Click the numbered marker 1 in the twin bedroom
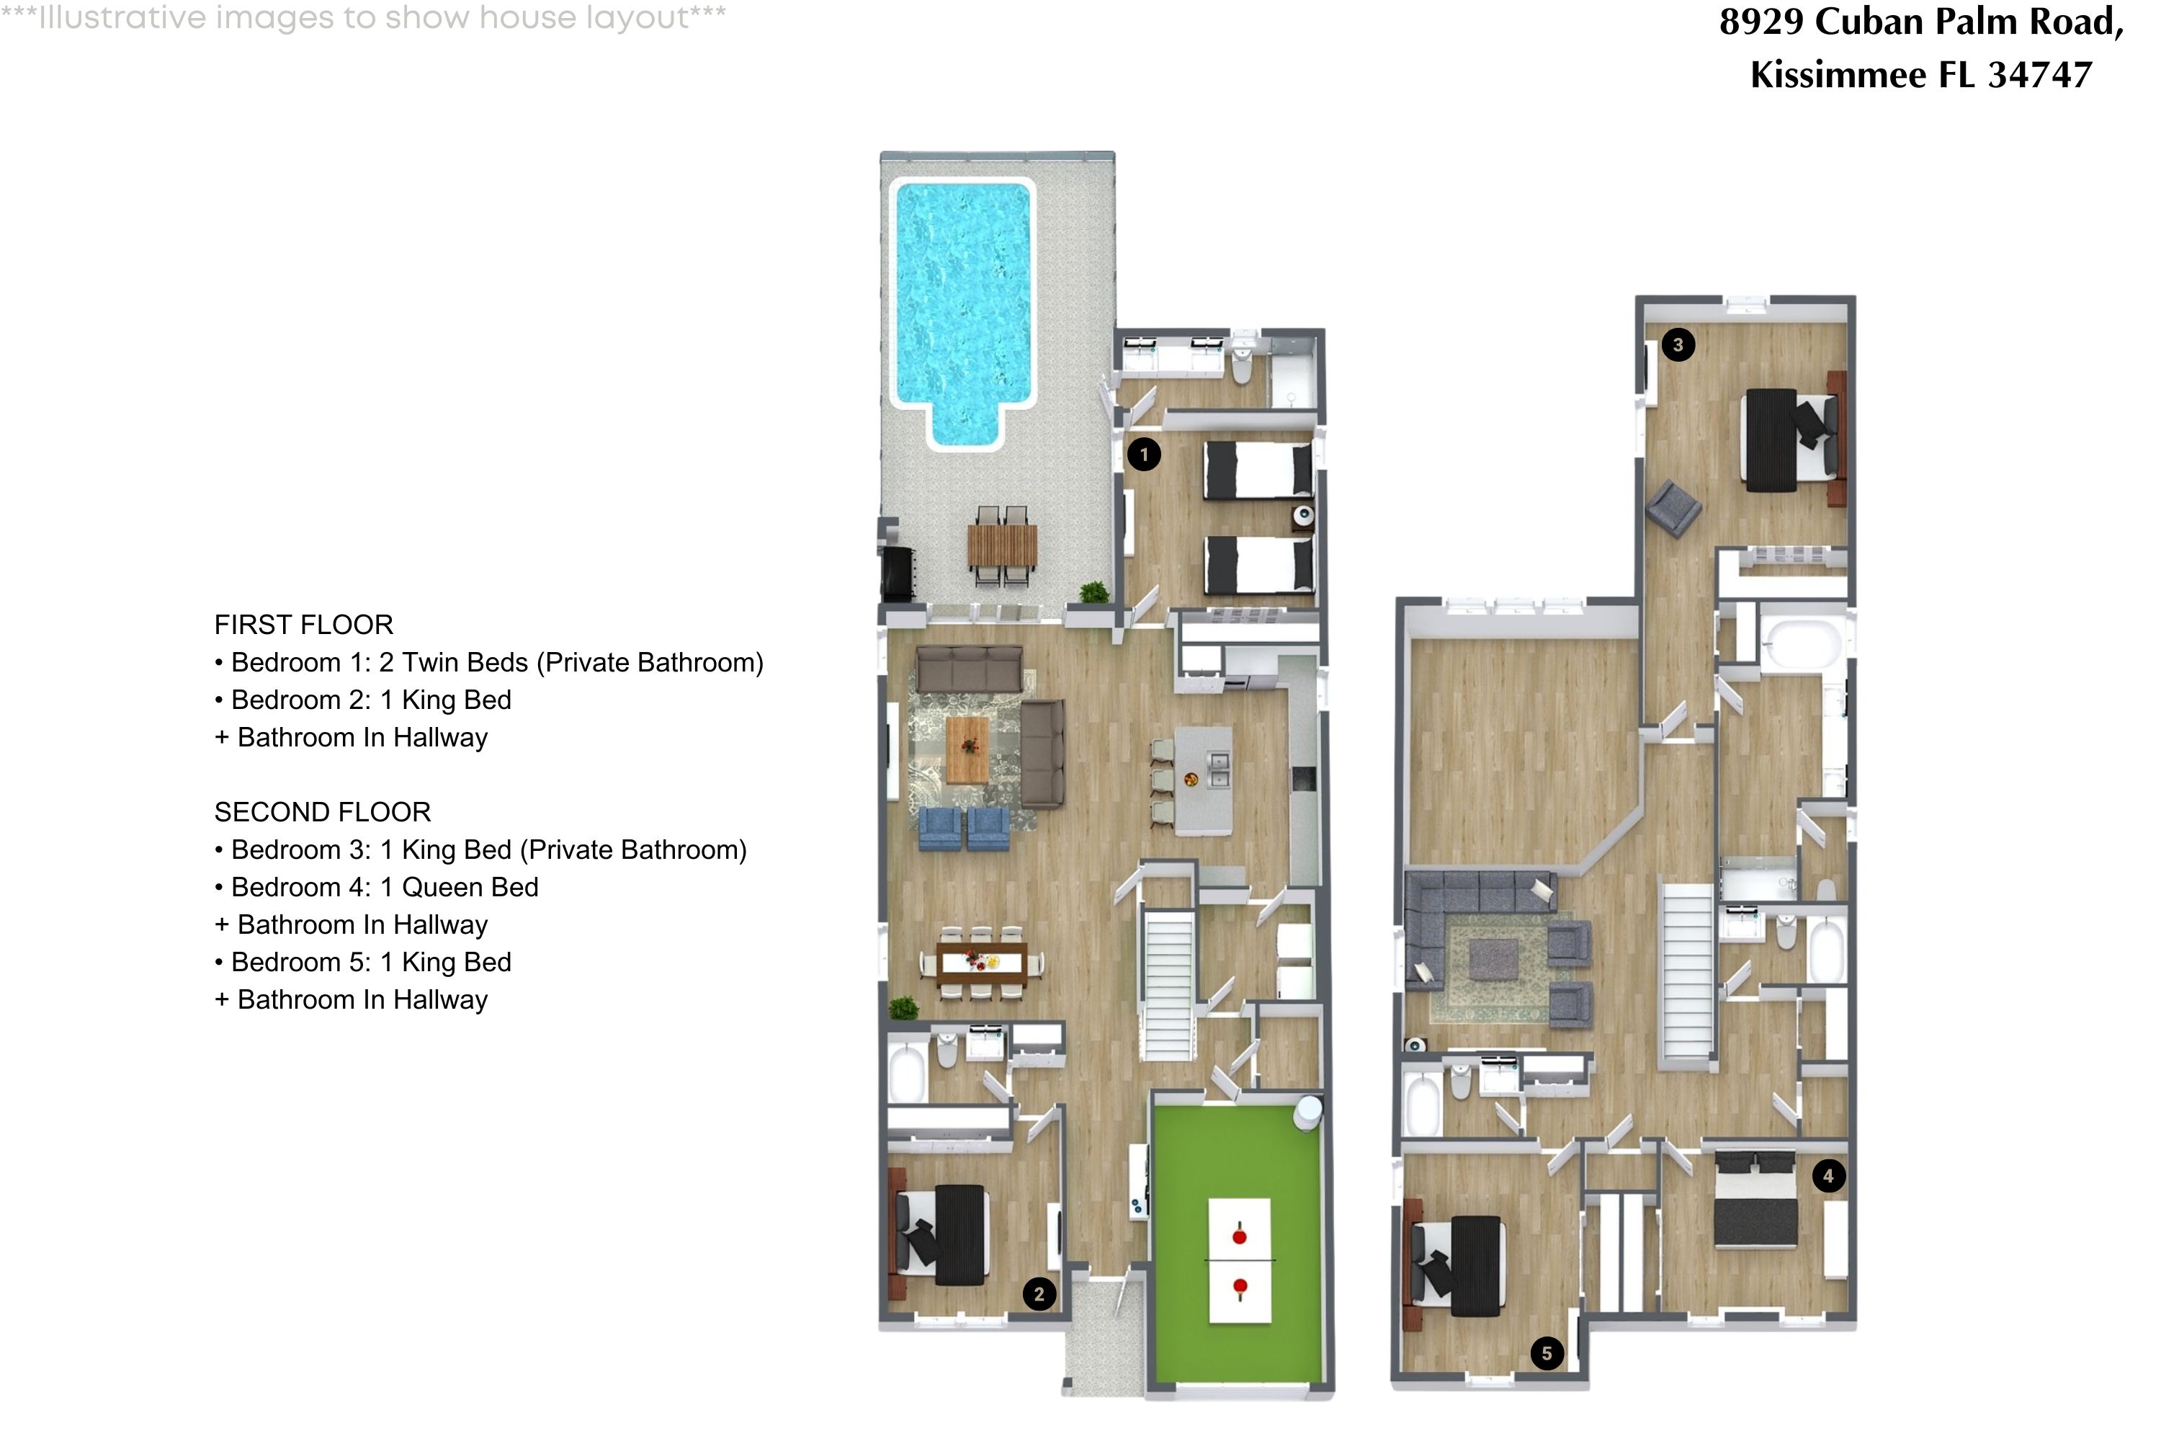pos(1144,454)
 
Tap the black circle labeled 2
pos(1039,1294)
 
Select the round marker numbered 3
pos(1678,344)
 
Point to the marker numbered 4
pos(1827,1175)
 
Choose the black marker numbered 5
pos(1547,1353)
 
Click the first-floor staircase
pos(1168,983)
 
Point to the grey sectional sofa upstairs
pos(1470,910)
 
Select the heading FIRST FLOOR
pos(303,625)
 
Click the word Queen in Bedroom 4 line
pos(437,887)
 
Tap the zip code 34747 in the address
pos(2040,74)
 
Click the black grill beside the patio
pos(898,571)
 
